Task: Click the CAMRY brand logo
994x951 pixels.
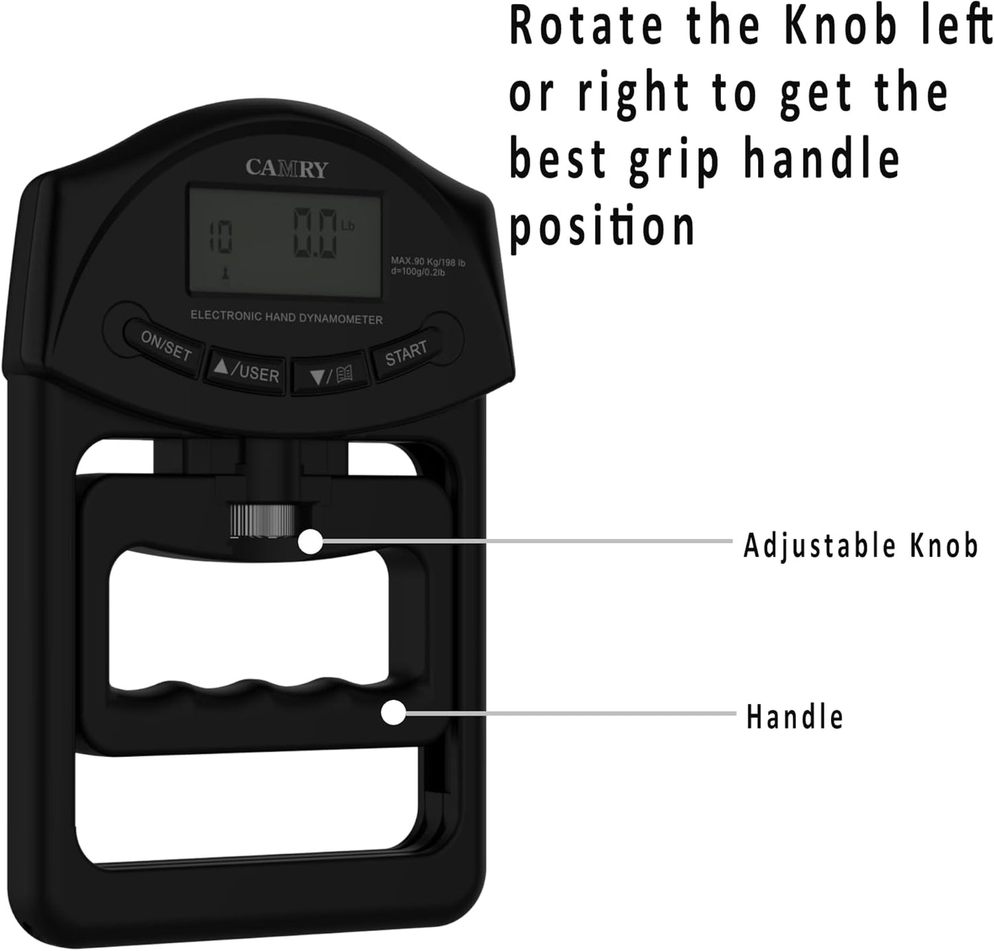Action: pyautogui.click(x=287, y=168)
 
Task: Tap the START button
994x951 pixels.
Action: pyautogui.click(x=406, y=353)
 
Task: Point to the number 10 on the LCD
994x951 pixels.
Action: pyautogui.click(x=222, y=236)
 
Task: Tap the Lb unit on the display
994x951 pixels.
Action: pyautogui.click(x=347, y=226)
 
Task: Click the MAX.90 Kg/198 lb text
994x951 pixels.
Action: pyautogui.click(x=428, y=262)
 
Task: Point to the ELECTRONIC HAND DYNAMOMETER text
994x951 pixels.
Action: pyautogui.click(x=287, y=317)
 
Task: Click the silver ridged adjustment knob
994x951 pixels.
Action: pyautogui.click(x=261, y=521)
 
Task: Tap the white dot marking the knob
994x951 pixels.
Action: pyautogui.click(x=310, y=541)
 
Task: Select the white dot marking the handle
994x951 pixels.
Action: pyautogui.click(x=393, y=712)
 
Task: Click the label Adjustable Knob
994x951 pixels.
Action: pyautogui.click(x=861, y=545)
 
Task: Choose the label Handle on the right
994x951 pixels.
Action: pyautogui.click(x=795, y=716)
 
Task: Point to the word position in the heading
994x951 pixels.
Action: pyautogui.click(x=603, y=226)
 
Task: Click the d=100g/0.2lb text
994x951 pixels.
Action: pyautogui.click(x=418, y=272)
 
